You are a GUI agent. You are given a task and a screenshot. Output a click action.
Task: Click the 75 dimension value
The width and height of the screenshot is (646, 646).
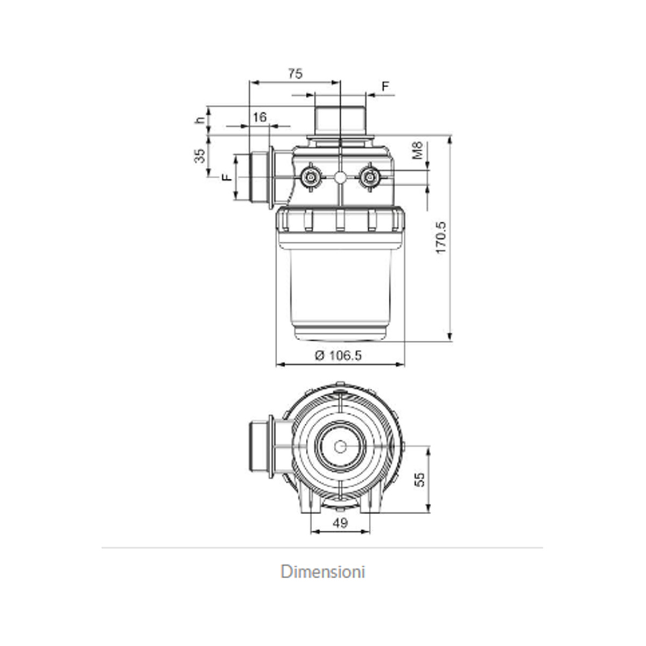point(295,73)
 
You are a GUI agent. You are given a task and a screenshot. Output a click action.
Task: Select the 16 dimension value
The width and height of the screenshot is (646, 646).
point(259,117)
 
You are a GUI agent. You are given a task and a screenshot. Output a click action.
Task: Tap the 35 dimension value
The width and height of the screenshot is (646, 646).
point(200,156)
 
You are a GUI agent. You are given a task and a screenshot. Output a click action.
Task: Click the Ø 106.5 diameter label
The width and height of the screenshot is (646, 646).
point(339,355)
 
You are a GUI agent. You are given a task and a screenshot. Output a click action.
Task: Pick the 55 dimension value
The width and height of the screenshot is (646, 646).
point(419,480)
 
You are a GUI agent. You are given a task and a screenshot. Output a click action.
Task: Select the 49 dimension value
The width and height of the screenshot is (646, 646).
point(340,523)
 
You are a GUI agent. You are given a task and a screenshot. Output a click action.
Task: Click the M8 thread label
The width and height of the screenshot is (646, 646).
point(417,150)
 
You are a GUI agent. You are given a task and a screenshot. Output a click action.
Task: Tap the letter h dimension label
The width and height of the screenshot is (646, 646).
point(200,120)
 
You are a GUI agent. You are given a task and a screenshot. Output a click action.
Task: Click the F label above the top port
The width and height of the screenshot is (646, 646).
point(385,87)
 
